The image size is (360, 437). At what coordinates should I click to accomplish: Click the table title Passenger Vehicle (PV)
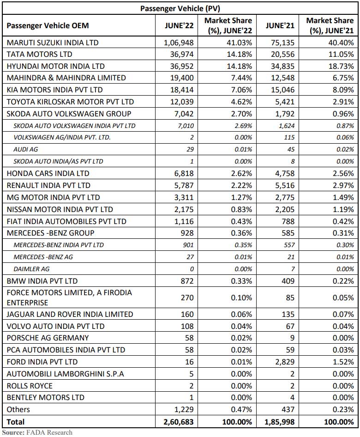(180, 8)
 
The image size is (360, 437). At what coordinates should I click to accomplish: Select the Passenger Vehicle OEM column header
(48, 26)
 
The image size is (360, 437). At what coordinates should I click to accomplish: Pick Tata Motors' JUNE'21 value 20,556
(283, 55)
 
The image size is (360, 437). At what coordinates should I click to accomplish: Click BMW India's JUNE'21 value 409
(288, 281)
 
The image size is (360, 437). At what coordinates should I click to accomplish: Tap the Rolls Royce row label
(30, 386)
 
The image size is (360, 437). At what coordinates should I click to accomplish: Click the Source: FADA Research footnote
(37, 432)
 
